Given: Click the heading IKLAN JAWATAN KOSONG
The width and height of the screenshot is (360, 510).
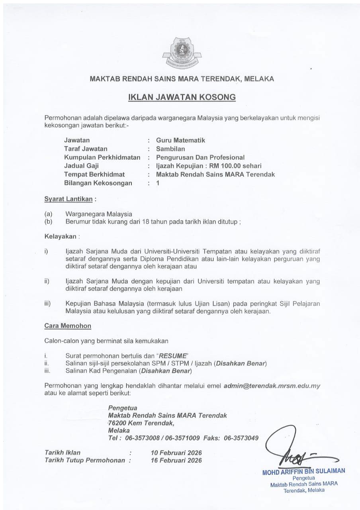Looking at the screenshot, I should (182, 97).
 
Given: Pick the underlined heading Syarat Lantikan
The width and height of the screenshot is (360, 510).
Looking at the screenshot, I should (68, 198).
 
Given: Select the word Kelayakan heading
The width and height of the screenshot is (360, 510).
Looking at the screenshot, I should (60, 236).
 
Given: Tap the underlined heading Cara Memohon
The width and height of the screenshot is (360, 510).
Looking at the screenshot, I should (68, 326).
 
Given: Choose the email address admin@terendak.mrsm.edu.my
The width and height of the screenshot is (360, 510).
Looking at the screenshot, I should (272, 386).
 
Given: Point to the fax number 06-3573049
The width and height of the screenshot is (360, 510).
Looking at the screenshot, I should (241, 438).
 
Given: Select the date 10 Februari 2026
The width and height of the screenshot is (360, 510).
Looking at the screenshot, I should (176, 453).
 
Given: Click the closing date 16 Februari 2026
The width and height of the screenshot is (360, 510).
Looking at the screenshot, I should (176, 460).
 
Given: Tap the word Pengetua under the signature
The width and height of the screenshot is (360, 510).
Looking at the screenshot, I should (303, 478).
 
